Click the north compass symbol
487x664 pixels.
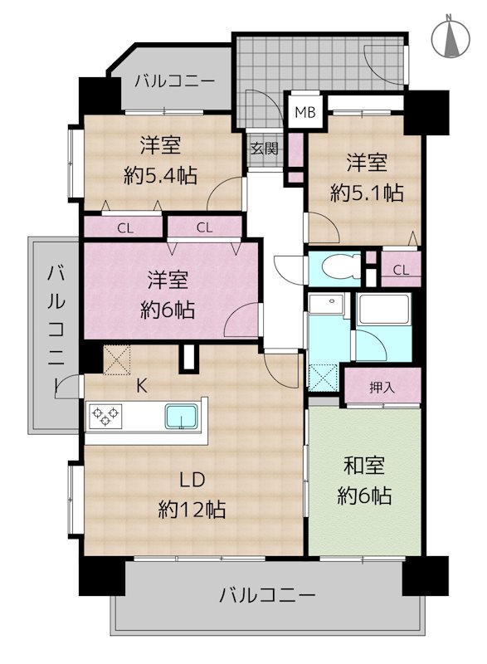(x=450, y=37)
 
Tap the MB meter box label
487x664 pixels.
(x=305, y=112)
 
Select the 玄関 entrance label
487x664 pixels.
(x=264, y=149)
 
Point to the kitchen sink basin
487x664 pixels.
(x=182, y=417)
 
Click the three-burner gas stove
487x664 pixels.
(x=105, y=417)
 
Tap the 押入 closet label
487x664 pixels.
(x=382, y=387)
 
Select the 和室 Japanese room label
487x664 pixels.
(x=364, y=466)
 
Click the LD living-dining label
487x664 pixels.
(x=192, y=480)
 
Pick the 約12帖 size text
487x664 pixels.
(x=192, y=509)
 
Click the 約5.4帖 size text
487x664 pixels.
(x=160, y=175)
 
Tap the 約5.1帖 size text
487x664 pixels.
(x=367, y=193)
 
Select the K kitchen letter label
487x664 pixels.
(x=142, y=386)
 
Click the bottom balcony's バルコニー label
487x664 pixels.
(x=267, y=596)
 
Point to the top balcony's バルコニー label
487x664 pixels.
(x=174, y=81)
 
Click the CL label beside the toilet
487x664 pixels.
(x=401, y=270)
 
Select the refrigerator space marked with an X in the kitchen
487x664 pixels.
(x=116, y=359)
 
